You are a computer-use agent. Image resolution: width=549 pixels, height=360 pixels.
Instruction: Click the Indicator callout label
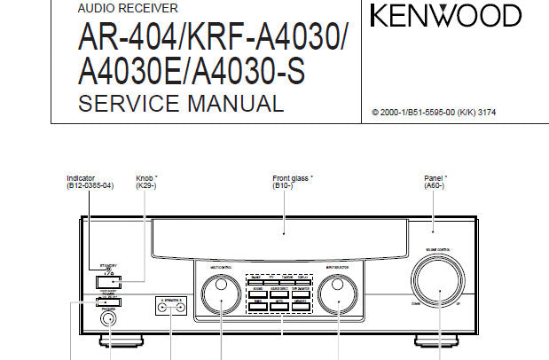pyautogui.click(x=82, y=177)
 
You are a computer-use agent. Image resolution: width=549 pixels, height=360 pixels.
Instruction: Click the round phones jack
pyautogui.click(x=109, y=319)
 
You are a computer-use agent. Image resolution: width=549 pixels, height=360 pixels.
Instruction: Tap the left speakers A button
pyautogui.click(x=162, y=302)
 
